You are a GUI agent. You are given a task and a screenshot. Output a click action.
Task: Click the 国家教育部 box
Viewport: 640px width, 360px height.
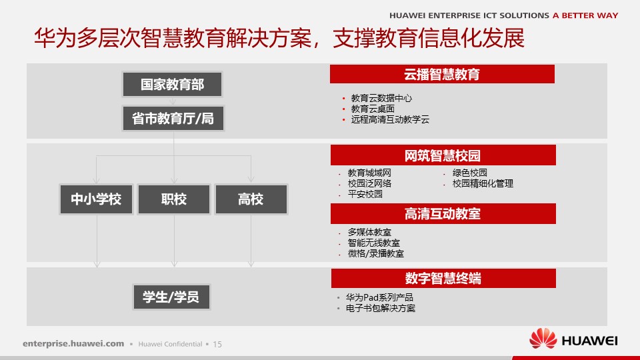coord(172,85)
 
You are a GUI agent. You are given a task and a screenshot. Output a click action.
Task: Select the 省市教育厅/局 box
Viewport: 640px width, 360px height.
coord(173,119)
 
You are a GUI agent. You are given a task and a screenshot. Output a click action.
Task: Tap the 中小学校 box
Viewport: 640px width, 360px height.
coord(96,199)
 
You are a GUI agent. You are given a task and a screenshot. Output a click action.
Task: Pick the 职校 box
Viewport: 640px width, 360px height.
coord(174,199)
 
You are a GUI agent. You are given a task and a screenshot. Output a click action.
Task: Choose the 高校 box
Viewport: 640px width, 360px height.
coord(251,199)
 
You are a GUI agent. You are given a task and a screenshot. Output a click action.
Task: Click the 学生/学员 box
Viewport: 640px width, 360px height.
coord(171,297)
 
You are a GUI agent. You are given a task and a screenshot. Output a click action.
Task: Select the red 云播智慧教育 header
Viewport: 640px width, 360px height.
coord(442,74)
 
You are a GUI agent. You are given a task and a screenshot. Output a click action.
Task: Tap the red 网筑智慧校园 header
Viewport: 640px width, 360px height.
coord(443,155)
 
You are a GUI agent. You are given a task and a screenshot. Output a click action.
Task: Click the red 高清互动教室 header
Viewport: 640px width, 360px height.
coord(443,213)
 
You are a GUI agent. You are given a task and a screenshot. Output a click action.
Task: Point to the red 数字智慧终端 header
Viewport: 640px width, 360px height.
coord(443,278)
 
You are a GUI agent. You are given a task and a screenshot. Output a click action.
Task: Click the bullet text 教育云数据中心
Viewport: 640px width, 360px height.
coord(381,98)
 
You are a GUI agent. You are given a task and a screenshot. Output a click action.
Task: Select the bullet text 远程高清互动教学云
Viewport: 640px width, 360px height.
coord(390,119)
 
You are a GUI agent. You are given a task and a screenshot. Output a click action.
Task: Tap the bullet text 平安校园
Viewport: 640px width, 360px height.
coord(365,194)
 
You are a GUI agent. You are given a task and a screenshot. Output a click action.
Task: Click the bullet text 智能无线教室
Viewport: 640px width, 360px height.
coord(373,243)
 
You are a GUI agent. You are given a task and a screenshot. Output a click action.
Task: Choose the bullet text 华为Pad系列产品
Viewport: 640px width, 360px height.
coord(379,297)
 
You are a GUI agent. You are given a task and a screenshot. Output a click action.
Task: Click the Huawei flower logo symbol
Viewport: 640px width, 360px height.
coord(543,339)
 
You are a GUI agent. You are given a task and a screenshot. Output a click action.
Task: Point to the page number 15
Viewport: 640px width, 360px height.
coord(217,344)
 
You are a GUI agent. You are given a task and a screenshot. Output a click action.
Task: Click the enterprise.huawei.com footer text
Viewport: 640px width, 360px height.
coord(73,344)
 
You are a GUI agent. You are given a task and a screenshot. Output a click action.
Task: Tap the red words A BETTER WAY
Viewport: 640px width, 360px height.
coord(585,15)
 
